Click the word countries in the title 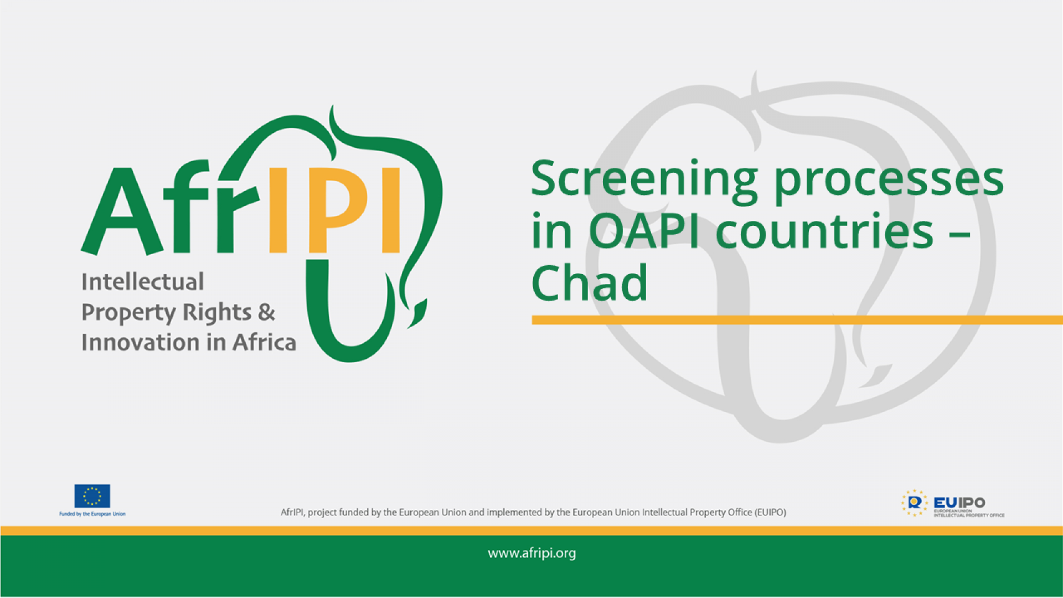[825, 231]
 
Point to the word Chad [589, 283]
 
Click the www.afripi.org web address [531, 553]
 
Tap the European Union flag [92, 496]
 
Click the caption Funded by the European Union [92, 514]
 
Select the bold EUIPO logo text [959, 502]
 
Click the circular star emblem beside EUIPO [914, 503]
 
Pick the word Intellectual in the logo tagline [142, 282]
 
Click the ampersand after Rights [266, 312]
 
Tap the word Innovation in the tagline [141, 343]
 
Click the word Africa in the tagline [264, 343]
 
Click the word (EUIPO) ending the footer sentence [770, 513]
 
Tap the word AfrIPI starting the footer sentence [292, 513]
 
